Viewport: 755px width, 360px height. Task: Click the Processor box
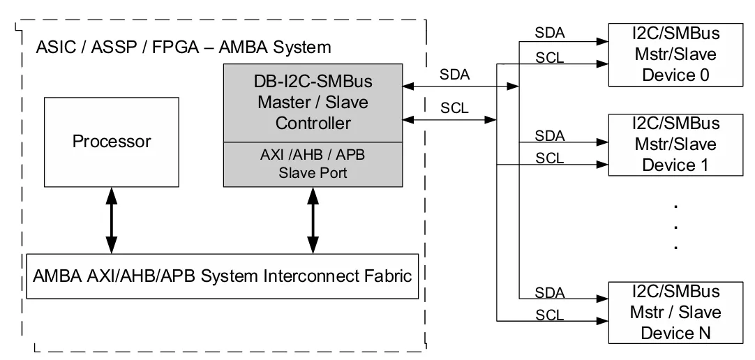click(111, 142)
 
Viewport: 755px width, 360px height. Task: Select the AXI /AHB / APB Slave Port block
click(313, 165)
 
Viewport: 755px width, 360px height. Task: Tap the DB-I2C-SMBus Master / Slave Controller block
click(313, 103)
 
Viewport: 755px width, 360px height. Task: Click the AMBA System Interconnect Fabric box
click(222, 276)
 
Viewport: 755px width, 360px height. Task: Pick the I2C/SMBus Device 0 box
click(675, 54)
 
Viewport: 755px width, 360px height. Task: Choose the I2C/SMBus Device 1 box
click(675, 144)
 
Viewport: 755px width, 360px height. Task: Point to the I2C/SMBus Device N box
click(675, 313)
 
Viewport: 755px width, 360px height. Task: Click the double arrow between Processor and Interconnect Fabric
click(111, 220)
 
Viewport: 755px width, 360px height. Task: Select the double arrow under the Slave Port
click(313, 220)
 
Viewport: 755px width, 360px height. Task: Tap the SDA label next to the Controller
click(454, 75)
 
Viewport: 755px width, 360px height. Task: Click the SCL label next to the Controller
click(454, 108)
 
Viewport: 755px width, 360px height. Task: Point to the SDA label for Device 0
click(549, 33)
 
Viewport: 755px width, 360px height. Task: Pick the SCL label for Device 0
click(549, 58)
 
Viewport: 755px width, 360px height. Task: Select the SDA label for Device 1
click(549, 136)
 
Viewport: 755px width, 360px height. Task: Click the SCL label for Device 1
click(549, 158)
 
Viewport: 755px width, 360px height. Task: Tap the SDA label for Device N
click(549, 292)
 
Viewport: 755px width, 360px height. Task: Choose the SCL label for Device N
click(549, 315)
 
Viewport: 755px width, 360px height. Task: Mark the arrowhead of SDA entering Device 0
click(603, 42)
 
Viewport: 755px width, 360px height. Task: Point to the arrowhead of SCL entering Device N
click(603, 321)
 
